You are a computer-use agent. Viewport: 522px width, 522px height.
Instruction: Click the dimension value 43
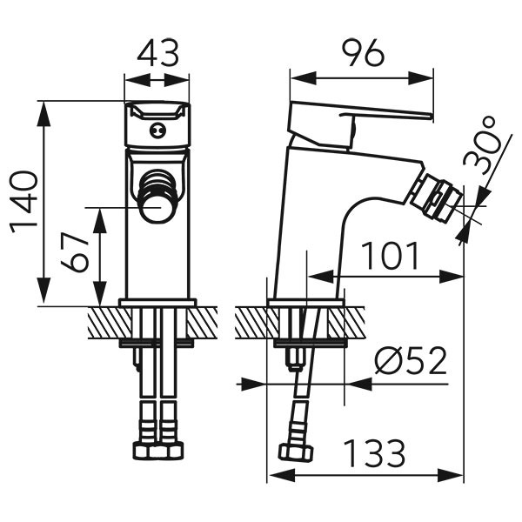(157, 54)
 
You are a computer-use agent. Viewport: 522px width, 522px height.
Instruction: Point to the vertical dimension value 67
(79, 252)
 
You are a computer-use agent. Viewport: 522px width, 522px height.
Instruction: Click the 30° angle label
(484, 149)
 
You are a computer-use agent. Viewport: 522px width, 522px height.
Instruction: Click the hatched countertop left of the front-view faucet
(104, 324)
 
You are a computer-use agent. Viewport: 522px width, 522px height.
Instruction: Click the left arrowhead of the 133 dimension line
(272, 475)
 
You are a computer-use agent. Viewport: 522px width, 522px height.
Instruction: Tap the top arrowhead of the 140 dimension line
(42, 107)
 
